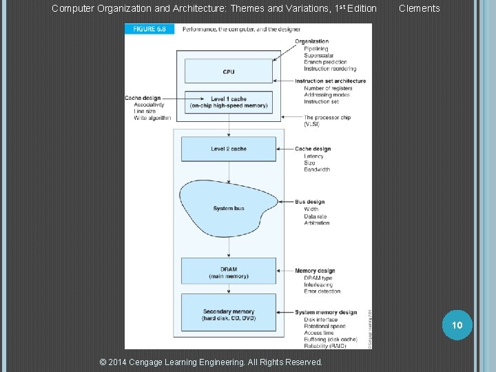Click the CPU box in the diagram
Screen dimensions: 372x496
click(228, 72)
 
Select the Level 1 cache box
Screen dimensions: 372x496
click(228, 103)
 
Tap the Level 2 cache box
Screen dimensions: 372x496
click(228, 149)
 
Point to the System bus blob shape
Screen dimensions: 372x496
click(228, 208)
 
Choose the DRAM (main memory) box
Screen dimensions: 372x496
click(228, 272)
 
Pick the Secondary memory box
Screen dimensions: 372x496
click(228, 315)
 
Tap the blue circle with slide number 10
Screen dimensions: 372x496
click(457, 324)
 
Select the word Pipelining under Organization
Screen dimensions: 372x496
click(316, 49)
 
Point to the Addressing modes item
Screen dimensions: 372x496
click(327, 95)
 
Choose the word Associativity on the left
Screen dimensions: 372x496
click(149, 105)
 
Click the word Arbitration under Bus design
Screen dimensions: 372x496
click(316, 223)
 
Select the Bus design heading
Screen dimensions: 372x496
click(310, 202)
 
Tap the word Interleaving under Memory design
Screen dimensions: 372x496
click(318, 285)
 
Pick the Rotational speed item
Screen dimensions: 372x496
click(324, 326)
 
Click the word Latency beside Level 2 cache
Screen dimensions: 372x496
click(313, 156)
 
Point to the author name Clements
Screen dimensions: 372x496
click(419, 8)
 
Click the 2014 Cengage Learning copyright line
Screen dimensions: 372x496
click(211, 362)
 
